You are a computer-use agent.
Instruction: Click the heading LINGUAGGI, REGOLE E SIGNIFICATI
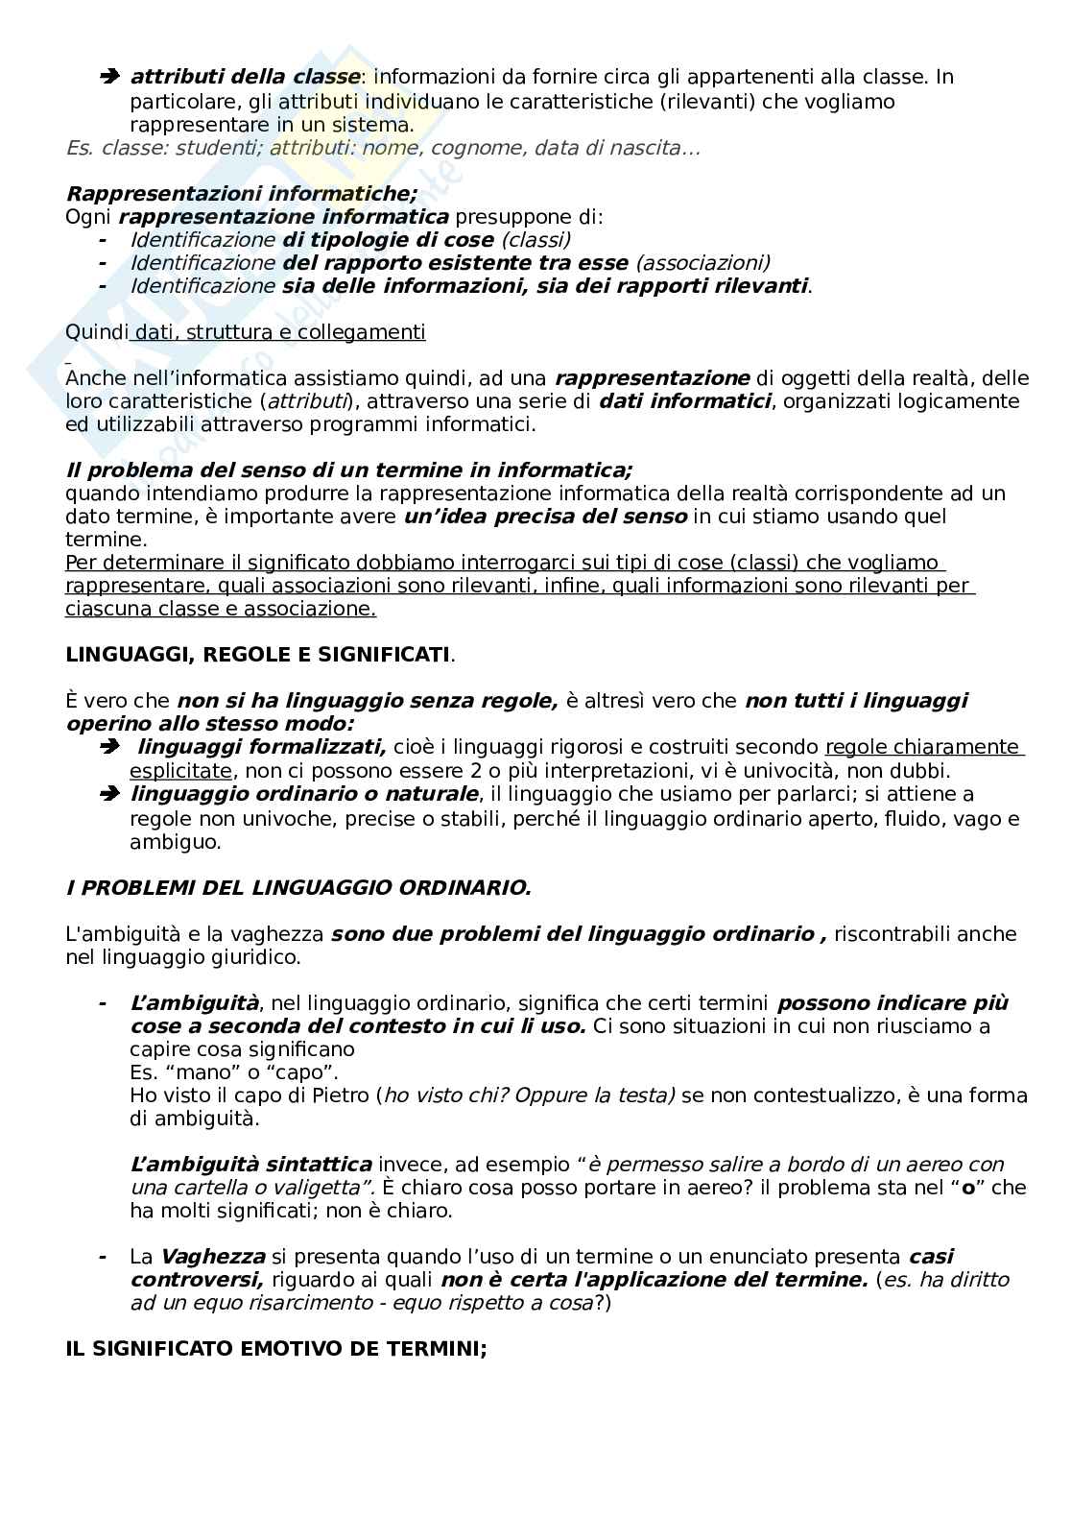click(x=257, y=655)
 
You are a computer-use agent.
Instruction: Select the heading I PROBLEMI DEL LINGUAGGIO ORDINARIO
click(x=297, y=888)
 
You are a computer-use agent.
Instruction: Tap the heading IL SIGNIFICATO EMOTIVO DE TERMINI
click(x=275, y=1349)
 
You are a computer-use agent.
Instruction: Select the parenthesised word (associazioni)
click(x=702, y=263)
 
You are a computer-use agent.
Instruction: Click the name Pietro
click(x=340, y=1095)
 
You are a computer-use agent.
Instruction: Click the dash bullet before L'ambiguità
click(x=103, y=1003)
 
